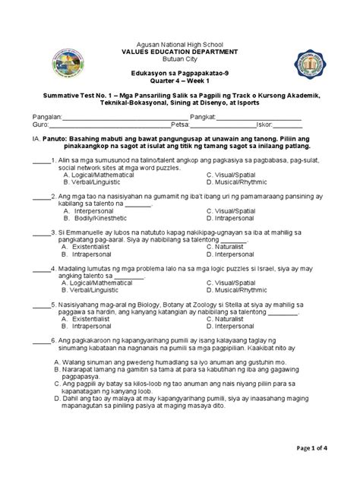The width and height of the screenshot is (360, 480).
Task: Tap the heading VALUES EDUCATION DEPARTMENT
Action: pos(179,52)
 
